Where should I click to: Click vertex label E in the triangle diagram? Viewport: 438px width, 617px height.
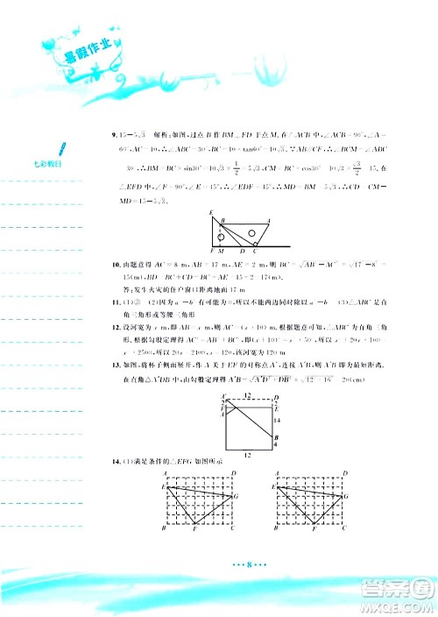coord(213,215)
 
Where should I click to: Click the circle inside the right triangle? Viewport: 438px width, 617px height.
coord(252,232)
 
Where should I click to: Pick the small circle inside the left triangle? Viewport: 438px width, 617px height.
coord(223,236)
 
